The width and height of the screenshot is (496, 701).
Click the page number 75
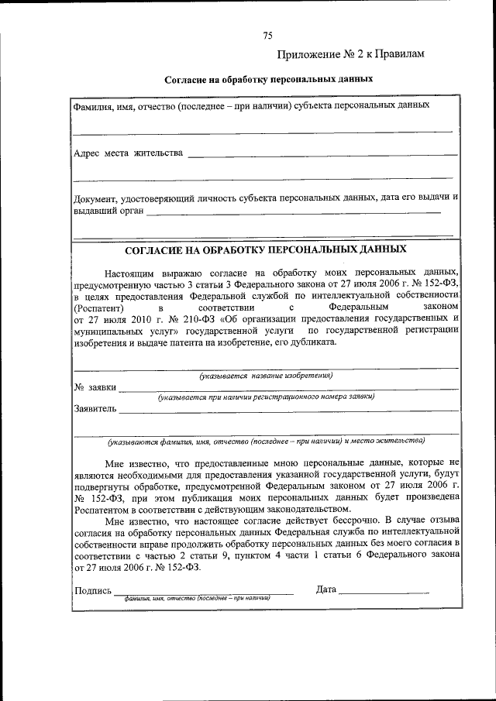pos(267,36)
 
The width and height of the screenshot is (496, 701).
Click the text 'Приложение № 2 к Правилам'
pos(351,54)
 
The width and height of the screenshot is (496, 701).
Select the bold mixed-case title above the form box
pos(269,79)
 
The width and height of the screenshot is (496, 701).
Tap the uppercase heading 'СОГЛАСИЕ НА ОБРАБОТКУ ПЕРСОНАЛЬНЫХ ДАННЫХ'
pos(266,251)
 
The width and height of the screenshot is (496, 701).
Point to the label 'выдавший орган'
pos(108,210)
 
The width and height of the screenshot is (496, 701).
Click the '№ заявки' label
pos(95,387)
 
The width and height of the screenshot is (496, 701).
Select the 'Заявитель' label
pos(95,408)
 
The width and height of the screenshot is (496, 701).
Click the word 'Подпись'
pos(92,590)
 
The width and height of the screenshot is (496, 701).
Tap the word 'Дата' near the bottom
pos(326,590)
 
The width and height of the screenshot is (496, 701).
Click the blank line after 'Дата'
pos(384,593)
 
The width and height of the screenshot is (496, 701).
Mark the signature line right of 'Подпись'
pos(203,593)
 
